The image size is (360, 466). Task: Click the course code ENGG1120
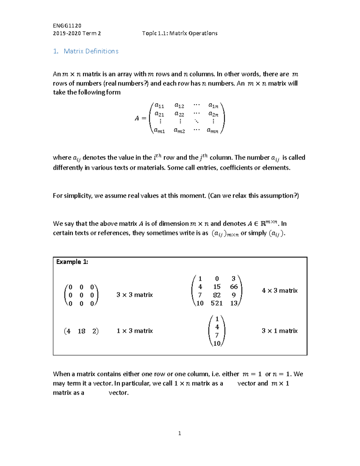coord(67,26)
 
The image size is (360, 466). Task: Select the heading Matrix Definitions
coord(91,51)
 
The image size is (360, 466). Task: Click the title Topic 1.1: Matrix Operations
coord(180,33)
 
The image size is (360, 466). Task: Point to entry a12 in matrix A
coord(179,106)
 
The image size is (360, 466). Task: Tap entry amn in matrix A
coord(213,131)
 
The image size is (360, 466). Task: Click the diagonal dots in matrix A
coord(196,121)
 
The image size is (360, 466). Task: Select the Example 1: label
coord(72,262)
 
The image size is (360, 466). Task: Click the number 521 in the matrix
coord(217,303)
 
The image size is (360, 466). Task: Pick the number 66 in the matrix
coord(234,287)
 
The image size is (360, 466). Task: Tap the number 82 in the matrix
coord(217,295)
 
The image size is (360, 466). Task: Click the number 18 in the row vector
coord(81,331)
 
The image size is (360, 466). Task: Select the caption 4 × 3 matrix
coord(280,291)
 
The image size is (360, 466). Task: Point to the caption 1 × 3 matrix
coord(135,331)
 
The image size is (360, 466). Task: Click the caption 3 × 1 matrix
coord(280,331)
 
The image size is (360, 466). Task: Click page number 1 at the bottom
coord(179,433)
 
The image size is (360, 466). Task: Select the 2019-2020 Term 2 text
coord(77,33)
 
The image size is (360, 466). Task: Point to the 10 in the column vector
coord(217,344)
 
